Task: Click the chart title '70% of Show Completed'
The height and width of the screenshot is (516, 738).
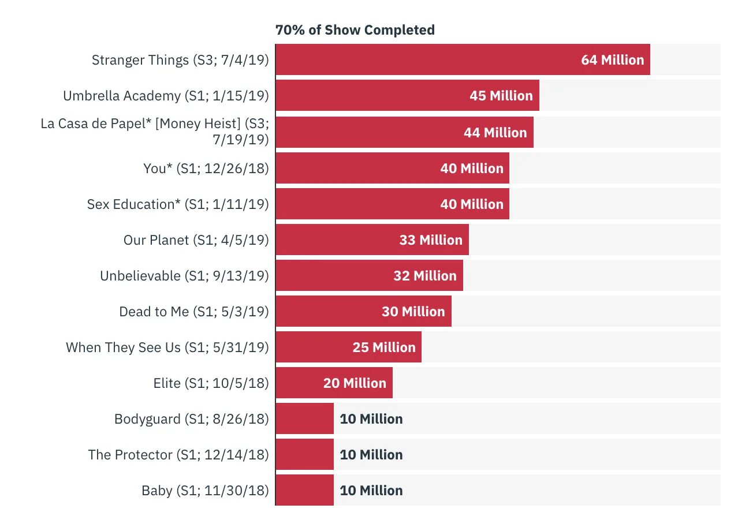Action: (355, 30)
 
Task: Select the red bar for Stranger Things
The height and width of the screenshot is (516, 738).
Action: (427, 60)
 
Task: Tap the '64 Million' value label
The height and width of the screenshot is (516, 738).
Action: (612, 60)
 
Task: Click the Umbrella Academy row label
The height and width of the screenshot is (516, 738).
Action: (166, 96)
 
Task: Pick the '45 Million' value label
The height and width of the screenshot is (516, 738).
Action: (501, 96)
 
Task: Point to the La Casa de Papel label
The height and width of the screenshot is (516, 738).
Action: (155, 132)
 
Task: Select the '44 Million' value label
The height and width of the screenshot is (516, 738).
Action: (495, 133)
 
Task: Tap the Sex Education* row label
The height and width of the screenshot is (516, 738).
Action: (178, 204)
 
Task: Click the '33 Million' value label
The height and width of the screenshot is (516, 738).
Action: (431, 240)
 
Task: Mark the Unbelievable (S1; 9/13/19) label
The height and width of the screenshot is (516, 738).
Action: (184, 276)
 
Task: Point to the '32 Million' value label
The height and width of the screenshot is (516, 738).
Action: (425, 276)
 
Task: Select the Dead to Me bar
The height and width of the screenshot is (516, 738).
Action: (329, 312)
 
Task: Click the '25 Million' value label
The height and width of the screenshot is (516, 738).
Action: (384, 347)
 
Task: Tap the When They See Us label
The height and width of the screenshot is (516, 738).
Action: (167, 347)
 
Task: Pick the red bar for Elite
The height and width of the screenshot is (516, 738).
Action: (300, 383)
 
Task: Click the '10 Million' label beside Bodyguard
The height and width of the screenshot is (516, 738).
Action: (371, 419)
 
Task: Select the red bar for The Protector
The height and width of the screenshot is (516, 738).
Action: (304, 455)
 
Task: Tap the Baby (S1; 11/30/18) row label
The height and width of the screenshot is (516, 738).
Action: (205, 491)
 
